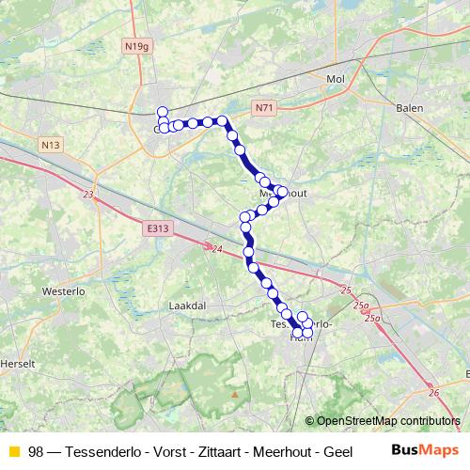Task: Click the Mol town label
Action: (x=336, y=80)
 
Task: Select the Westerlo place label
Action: (x=64, y=291)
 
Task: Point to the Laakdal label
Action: (x=184, y=305)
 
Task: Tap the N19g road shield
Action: (x=136, y=44)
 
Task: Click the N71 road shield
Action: (x=263, y=109)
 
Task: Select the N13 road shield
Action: (x=51, y=145)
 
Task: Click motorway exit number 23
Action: (x=87, y=195)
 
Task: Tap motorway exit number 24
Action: (x=216, y=249)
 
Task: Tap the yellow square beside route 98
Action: (x=13, y=451)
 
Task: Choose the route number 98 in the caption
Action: (x=36, y=451)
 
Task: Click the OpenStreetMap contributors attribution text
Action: (x=388, y=421)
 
